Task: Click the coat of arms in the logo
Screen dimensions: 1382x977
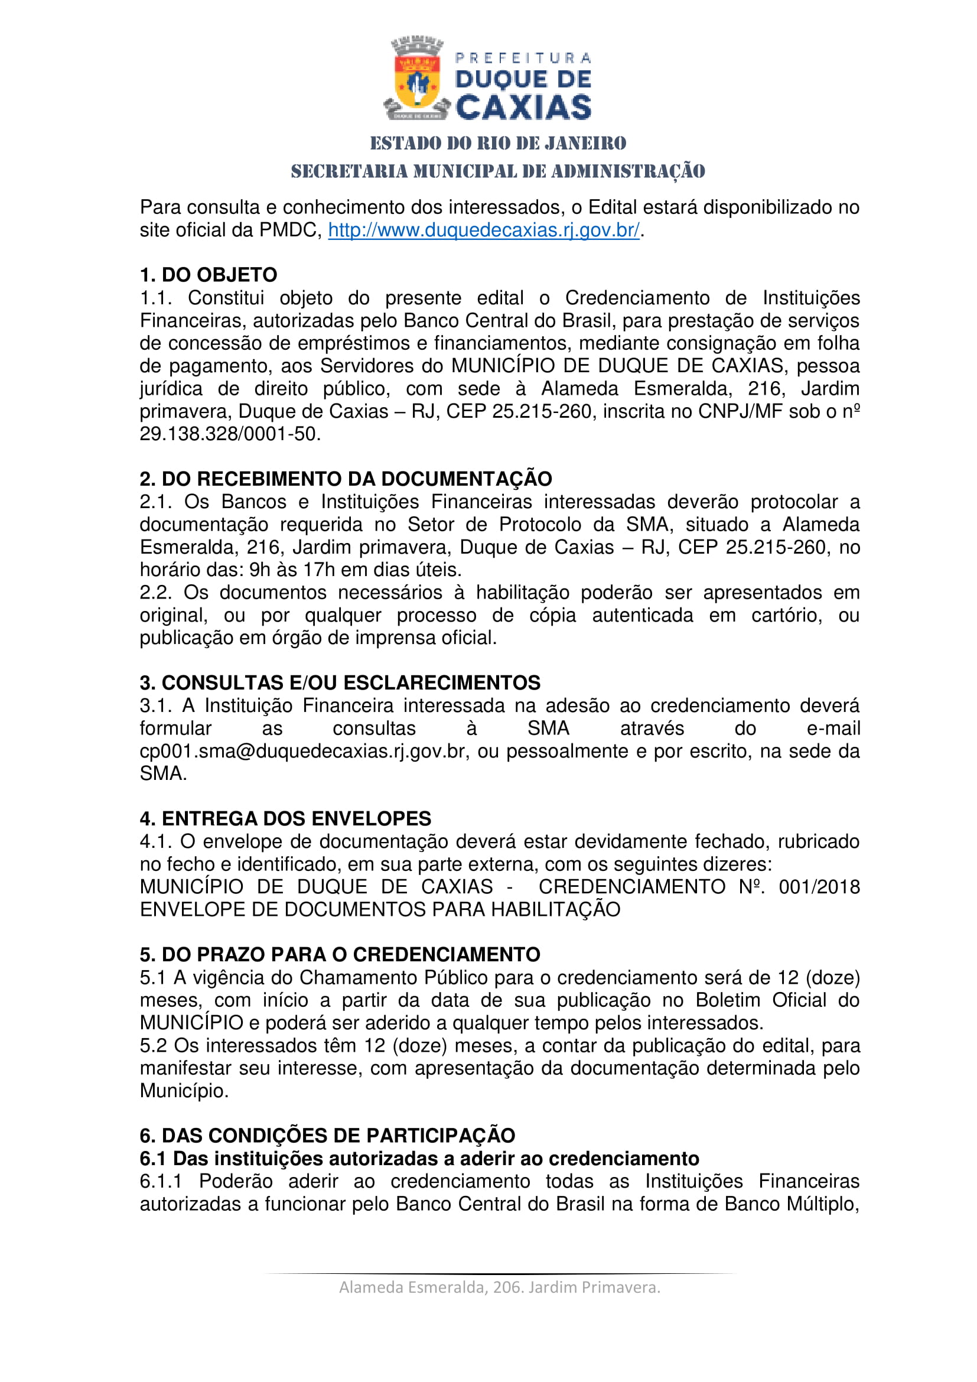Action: click(x=416, y=80)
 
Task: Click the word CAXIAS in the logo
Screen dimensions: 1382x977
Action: click(x=523, y=108)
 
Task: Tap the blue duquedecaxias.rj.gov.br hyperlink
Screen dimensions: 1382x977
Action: click(x=484, y=230)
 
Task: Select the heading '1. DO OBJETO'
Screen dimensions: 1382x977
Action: click(x=208, y=275)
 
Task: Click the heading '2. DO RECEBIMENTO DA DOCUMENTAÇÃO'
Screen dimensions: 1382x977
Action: click(x=346, y=479)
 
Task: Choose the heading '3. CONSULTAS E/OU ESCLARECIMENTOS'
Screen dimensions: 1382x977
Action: click(x=340, y=682)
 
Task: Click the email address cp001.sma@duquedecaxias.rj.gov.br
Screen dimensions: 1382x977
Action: click(x=304, y=751)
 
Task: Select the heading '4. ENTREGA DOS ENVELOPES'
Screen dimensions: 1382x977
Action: click(x=285, y=818)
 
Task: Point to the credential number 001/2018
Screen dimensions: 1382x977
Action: click(x=819, y=887)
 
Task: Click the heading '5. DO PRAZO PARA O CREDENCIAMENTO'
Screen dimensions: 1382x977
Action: click(x=340, y=955)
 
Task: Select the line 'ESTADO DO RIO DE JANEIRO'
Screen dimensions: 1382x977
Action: click(x=497, y=143)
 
